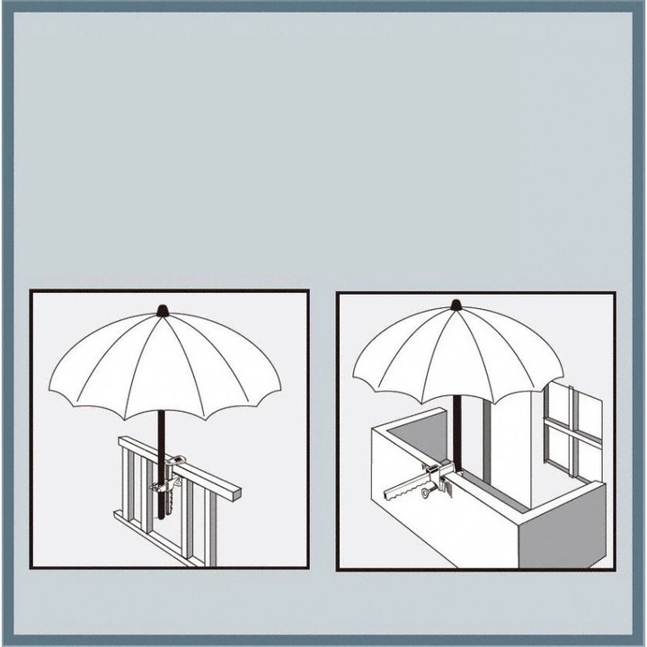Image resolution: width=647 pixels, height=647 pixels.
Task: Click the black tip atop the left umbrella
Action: click(x=163, y=310)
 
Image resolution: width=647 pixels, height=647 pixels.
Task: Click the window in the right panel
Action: click(x=572, y=429)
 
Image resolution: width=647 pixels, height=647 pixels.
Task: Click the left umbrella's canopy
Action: click(x=163, y=359)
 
